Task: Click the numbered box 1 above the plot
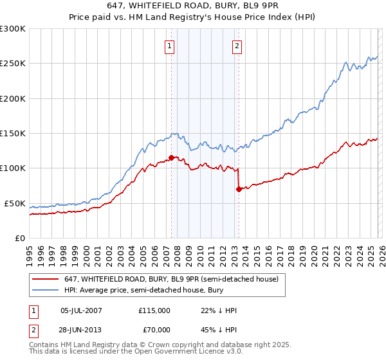pos(170,46)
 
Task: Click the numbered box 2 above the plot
pos(237,46)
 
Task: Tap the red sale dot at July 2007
pos(171,157)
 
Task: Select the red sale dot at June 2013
pos(239,189)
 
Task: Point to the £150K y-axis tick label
pos(13,133)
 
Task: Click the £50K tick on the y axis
pos(15,203)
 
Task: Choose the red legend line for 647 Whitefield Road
pos(46,280)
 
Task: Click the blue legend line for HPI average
pos(46,291)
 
